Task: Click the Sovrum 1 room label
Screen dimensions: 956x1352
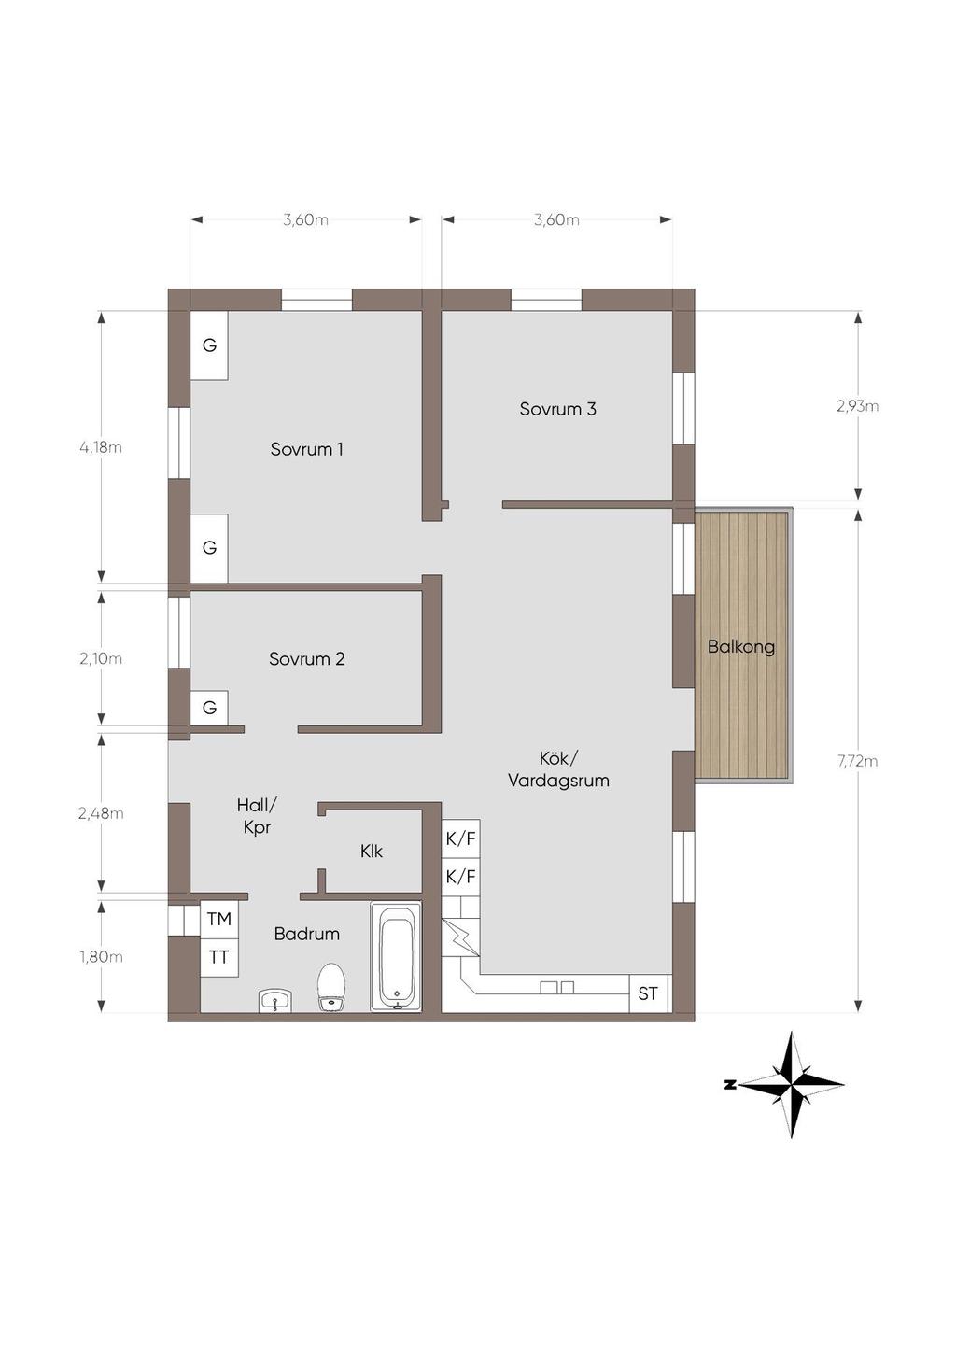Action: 306,449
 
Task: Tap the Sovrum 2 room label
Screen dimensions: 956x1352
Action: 306,658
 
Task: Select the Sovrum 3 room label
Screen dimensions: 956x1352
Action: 557,409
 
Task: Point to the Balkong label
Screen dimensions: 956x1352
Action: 741,647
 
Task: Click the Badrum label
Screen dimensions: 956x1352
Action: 306,934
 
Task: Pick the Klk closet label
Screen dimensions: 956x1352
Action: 372,851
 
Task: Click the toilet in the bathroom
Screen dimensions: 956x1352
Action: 331,987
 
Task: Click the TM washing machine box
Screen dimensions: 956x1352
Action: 219,920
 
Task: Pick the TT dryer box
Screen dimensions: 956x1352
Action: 219,957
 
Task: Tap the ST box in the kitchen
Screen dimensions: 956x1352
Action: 648,993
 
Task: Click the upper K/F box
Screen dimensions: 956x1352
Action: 461,838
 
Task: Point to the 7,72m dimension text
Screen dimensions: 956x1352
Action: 857,761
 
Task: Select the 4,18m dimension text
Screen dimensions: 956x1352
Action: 101,447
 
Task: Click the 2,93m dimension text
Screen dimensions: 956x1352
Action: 857,406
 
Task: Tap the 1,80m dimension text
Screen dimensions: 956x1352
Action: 101,957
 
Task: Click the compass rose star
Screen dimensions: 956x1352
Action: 792,1085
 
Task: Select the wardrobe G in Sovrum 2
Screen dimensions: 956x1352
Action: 209,708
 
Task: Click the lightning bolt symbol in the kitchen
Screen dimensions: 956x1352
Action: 461,938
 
